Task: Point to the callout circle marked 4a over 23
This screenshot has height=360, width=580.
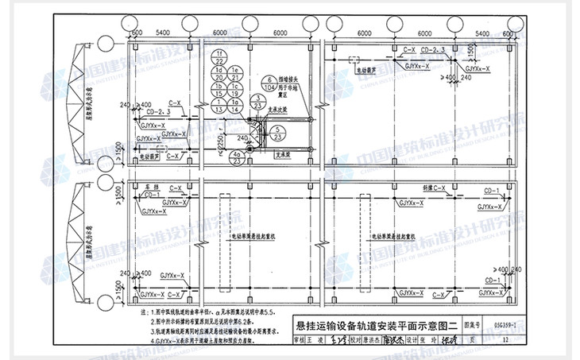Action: click(x=236, y=157)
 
